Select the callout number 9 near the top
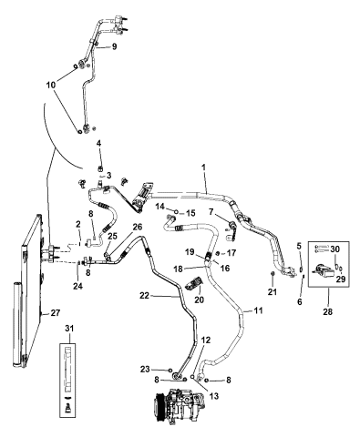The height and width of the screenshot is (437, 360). click(115, 46)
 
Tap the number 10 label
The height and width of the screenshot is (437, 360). click(64, 85)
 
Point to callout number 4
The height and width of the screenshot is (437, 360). click(98, 145)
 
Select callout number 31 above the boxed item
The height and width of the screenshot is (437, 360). click(67, 329)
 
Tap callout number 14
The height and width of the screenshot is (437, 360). click(158, 208)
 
